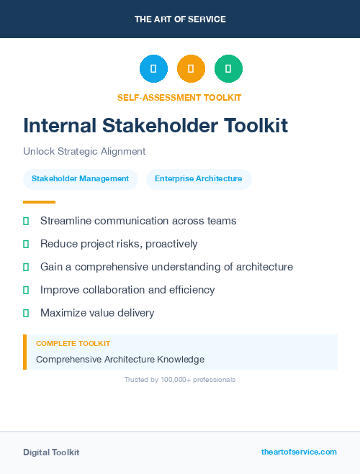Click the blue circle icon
click(x=153, y=69)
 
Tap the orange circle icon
click(x=191, y=69)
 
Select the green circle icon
click(x=228, y=69)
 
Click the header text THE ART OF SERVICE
click(x=180, y=19)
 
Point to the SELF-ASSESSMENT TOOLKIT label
click(x=179, y=97)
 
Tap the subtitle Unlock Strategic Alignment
click(x=84, y=152)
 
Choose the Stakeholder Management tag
click(x=81, y=179)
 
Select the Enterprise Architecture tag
click(x=199, y=179)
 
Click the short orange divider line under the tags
click(x=39, y=202)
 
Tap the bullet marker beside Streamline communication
click(x=26, y=221)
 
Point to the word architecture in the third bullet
click(x=258, y=267)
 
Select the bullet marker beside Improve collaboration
click(x=26, y=290)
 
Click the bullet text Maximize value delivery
click(x=97, y=313)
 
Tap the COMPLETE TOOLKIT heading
click(x=73, y=344)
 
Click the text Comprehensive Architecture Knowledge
click(x=120, y=359)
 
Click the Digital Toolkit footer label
click(x=51, y=452)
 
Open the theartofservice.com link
click(x=299, y=452)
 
